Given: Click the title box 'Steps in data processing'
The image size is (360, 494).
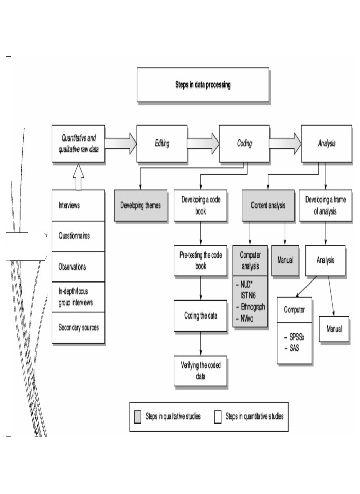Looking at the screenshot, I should (203, 85).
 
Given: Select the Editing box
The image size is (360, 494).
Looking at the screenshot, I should (161, 144).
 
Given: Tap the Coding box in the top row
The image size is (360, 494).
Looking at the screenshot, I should (244, 144).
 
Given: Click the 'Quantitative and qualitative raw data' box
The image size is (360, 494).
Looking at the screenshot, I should (79, 144).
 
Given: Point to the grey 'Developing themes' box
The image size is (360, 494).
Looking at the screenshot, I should (140, 205).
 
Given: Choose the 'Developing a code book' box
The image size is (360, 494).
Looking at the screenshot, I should (200, 205).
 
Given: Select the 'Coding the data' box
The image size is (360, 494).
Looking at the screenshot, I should (200, 315).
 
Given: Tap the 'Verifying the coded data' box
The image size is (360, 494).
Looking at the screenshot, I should (200, 370).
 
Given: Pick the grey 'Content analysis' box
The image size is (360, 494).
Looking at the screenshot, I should (268, 205).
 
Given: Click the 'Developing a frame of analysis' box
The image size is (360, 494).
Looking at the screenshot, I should (326, 205).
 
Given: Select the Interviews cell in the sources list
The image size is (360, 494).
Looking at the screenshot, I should (79, 205).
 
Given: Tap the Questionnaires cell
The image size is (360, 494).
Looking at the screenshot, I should (79, 236).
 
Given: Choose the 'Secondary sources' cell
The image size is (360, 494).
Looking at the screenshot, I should (79, 327).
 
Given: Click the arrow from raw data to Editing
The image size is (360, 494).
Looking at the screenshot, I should (121, 144).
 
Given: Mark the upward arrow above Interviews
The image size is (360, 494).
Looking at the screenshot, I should (78, 177).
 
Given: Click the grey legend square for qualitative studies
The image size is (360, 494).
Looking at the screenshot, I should (137, 416).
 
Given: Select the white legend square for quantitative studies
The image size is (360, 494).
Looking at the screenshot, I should (218, 416).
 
